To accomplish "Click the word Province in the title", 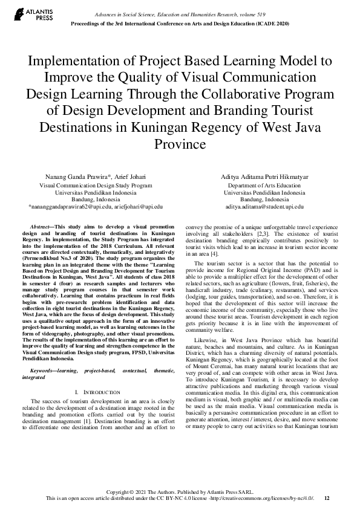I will click(x=180, y=145).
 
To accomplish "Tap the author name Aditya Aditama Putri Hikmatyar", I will click(x=264, y=177).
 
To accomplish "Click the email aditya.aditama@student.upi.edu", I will click(x=264, y=207).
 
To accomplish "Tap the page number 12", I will click(x=327, y=498).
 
